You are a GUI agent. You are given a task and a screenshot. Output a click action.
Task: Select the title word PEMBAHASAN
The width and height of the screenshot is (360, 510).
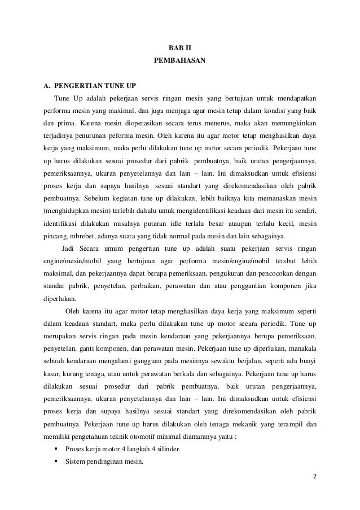click(x=180, y=59)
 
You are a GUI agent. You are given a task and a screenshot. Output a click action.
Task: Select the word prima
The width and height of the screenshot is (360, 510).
click(x=65, y=124)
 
